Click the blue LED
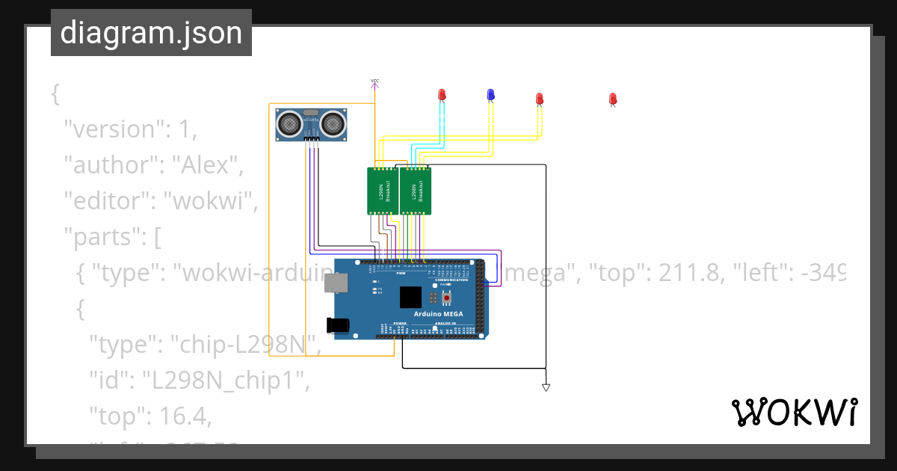490,94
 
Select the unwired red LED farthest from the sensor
612,99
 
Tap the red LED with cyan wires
442,94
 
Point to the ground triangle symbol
546,387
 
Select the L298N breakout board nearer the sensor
382,191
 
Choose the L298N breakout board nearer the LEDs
416,191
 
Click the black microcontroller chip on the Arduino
410,298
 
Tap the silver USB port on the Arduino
335,282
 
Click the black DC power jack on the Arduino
338,324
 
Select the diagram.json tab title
151,33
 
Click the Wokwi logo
794,412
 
